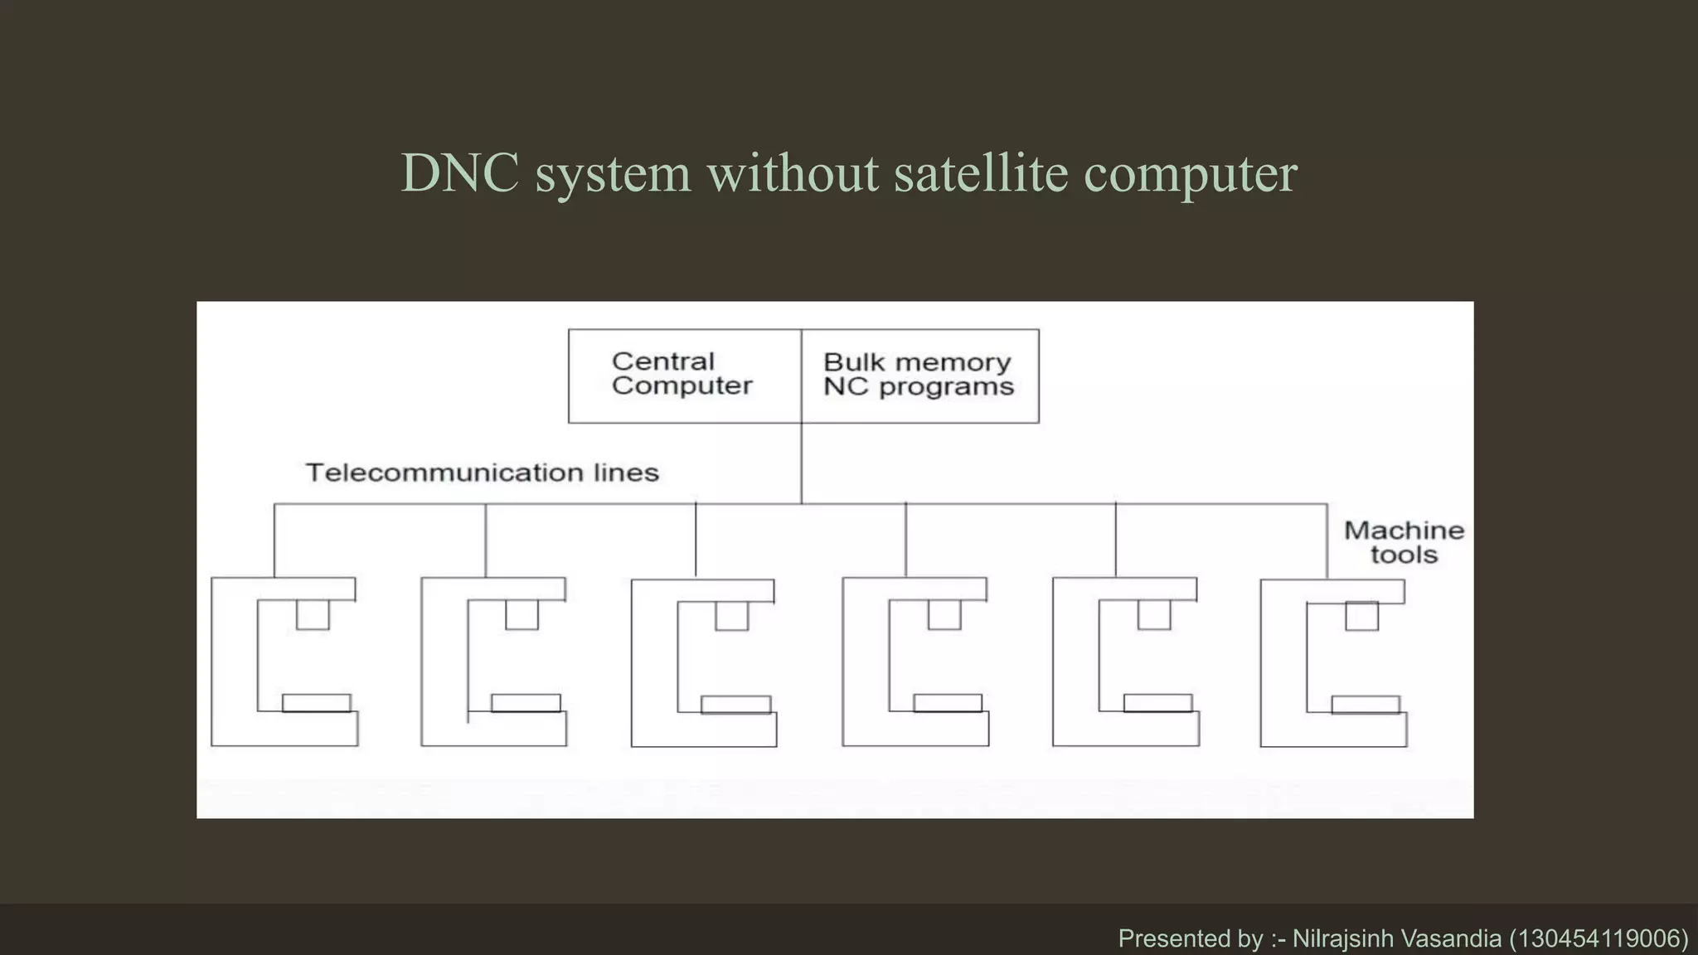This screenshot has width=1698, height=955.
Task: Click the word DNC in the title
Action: [x=460, y=173]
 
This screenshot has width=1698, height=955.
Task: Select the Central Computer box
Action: [x=684, y=376]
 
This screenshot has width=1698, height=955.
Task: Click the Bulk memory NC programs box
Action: [x=919, y=376]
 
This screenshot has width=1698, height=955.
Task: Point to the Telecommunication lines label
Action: [x=483, y=473]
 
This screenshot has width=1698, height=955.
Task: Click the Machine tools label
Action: [x=1404, y=542]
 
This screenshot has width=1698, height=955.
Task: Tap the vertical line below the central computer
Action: [x=802, y=463]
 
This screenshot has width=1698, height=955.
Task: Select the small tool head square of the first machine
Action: [x=313, y=615]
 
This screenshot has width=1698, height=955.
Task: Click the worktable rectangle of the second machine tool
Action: [x=526, y=703]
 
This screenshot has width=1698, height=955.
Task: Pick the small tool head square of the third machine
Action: [x=732, y=616]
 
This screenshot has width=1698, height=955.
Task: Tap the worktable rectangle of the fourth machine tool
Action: [x=948, y=703]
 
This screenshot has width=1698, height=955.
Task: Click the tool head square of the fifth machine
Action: [x=1154, y=615]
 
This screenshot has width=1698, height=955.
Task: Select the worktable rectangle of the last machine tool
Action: [x=1366, y=705]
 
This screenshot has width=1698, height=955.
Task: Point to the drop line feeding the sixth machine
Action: [x=1327, y=541]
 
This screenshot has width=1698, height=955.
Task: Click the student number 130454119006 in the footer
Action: [x=1599, y=938]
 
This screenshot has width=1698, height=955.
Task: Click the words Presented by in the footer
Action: [x=1190, y=938]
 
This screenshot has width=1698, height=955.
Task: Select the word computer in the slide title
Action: [x=1191, y=173]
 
